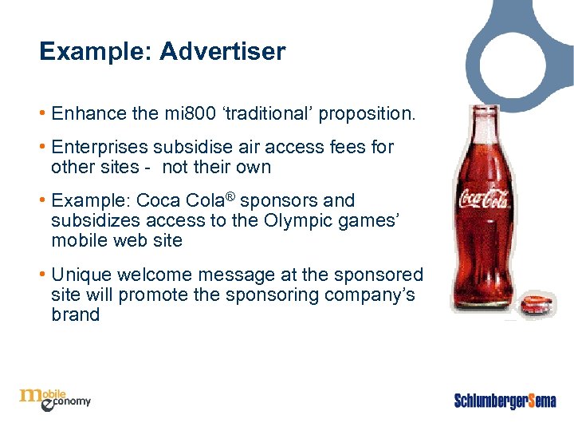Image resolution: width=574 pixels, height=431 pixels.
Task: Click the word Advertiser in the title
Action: pos(222,52)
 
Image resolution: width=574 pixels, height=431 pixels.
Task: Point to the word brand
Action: pos(75,315)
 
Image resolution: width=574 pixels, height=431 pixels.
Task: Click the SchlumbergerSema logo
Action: pos(505,400)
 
